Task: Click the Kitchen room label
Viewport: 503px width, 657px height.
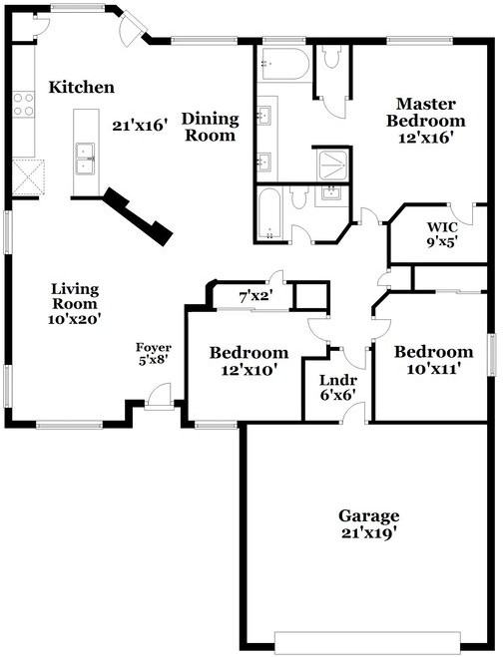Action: pos(82,87)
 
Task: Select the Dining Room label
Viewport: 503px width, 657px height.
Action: pos(211,127)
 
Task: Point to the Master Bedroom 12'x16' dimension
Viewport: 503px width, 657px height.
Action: pos(426,138)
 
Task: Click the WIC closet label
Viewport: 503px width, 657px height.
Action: pos(442,227)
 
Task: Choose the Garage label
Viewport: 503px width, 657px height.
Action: pos(368,515)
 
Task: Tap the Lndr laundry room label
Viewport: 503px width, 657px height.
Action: pos(338,380)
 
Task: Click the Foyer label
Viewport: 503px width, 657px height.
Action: pos(153,347)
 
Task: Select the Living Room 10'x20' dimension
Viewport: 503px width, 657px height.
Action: pos(74,319)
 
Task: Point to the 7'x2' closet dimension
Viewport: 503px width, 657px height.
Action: pos(255,297)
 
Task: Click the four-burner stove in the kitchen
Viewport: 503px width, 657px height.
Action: pos(23,105)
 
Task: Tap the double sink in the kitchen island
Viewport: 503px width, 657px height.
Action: pos(85,159)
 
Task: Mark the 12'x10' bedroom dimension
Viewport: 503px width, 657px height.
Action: pos(250,370)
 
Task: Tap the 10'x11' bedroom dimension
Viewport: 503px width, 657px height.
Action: pos(434,369)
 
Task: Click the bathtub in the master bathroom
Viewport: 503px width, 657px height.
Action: pos(284,64)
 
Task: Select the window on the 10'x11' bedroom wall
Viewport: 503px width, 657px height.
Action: pos(491,355)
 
